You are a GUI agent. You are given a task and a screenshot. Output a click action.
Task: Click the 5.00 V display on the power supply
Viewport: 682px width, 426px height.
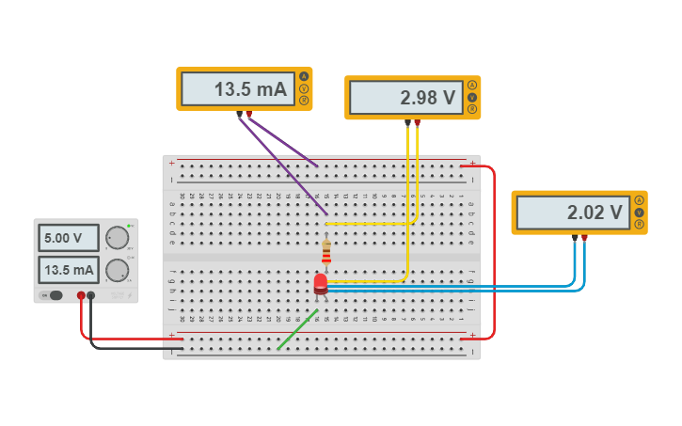tap(69, 238)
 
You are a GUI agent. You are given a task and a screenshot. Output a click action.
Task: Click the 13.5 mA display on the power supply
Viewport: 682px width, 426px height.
tap(69, 271)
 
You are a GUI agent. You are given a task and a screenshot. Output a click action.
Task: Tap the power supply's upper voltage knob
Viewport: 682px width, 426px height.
tap(117, 238)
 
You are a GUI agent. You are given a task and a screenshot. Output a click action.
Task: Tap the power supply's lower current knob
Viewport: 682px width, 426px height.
tap(117, 271)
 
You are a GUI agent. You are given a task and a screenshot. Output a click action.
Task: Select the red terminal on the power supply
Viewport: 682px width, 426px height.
tap(81, 295)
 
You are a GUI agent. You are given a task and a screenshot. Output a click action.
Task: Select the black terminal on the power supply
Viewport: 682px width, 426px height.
tap(91, 295)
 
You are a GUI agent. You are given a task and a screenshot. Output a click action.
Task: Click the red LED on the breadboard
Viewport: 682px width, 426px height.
tap(320, 282)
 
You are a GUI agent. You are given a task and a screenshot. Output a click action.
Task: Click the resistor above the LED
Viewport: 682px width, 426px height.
tap(326, 252)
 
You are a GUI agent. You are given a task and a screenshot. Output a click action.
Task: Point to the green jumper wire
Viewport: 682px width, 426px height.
tap(296, 329)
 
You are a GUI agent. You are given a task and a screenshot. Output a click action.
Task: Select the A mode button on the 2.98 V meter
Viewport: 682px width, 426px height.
tap(472, 86)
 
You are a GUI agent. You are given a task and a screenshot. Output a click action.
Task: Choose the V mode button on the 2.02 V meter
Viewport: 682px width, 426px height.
tap(640, 212)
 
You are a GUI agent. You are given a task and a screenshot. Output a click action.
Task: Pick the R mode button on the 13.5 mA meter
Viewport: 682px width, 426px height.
tap(304, 100)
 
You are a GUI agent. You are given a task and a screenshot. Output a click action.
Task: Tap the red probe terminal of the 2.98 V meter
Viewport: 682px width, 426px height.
tap(418, 121)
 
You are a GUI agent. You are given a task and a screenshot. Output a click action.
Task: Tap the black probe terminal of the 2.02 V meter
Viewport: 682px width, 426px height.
tap(575, 237)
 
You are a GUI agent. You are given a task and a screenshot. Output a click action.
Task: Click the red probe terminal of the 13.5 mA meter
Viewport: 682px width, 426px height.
tap(249, 114)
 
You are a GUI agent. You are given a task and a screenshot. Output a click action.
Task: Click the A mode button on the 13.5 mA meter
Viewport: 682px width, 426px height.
tap(304, 77)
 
